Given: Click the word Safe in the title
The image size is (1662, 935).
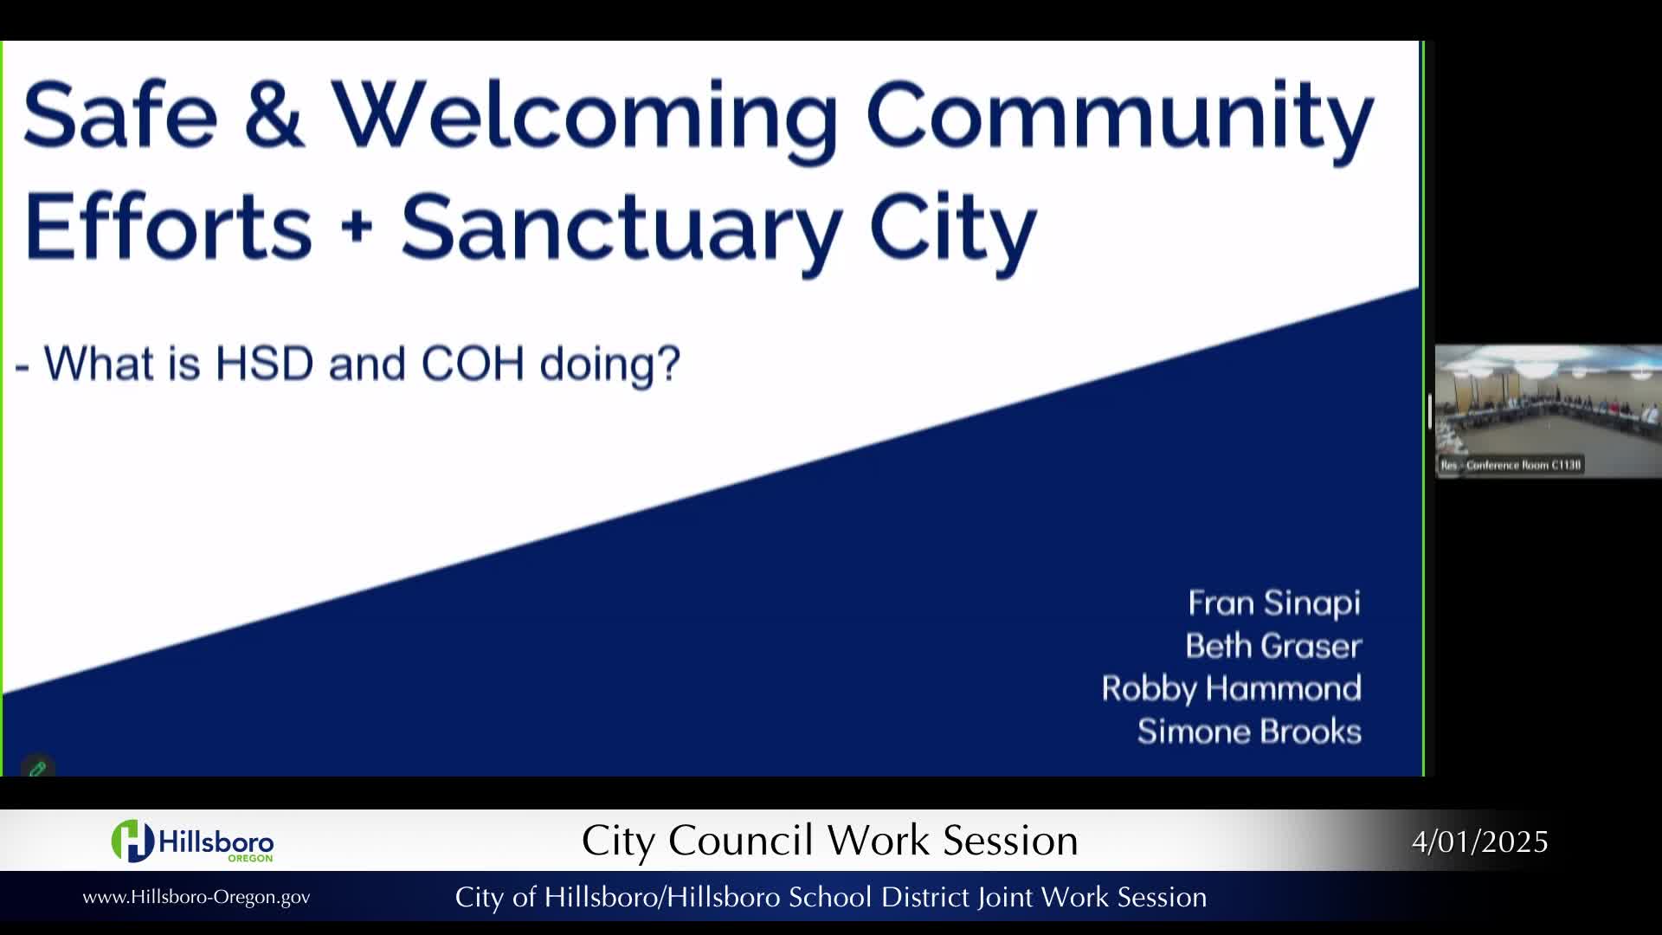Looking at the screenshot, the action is (x=120, y=114).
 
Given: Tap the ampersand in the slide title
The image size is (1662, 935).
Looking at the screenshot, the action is (x=274, y=114).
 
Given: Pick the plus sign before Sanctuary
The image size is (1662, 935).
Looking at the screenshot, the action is (x=357, y=228).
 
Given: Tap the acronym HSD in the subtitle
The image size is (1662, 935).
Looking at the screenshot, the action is (x=264, y=363).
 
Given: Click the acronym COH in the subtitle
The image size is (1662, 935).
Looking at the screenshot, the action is (x=473, y=363).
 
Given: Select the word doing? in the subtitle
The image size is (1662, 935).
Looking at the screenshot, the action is (x=610, y=365).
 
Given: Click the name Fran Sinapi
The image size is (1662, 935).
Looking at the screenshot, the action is (x=1274, y=603).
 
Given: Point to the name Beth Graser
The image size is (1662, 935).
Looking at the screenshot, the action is (x=1273, y=646).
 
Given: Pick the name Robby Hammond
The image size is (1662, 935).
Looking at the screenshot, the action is (x=1231, y=689).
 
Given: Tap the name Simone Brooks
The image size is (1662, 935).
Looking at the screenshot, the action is (x=1249, y=732).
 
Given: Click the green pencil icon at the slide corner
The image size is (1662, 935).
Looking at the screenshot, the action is (x=37, y=768).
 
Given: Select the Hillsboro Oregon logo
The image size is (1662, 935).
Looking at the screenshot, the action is (x=192, y=841).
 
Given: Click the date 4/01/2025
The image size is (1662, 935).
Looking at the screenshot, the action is (x=1479, y=841).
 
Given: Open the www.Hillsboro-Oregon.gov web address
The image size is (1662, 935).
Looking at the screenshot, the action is (x=196, y=897).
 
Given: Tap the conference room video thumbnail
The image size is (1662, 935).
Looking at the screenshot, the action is (x=1548, y=411).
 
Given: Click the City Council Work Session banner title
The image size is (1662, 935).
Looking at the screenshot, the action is (x=829, y=841).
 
